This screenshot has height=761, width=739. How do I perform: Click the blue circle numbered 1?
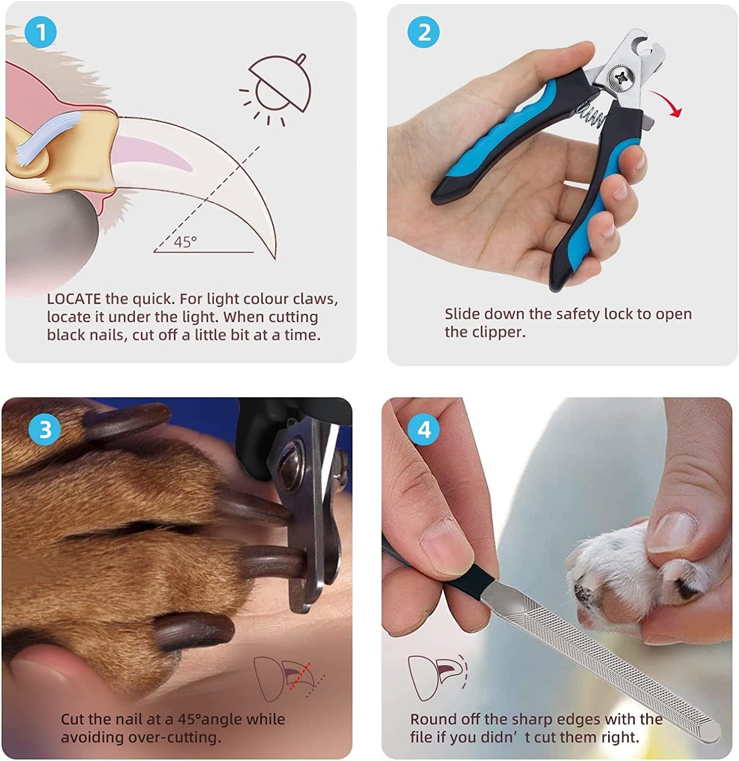(x=41, y=33)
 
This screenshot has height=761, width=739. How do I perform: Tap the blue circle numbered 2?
(x=424, y=33)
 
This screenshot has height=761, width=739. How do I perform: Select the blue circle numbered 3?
(x=46, y=429)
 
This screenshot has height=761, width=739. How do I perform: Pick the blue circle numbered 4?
(x=424, y=430)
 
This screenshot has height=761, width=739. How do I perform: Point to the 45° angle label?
(x=185, y=242)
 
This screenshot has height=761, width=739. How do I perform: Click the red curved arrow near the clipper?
(x=665, y=103)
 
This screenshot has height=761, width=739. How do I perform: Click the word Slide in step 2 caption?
(x=462, y=314)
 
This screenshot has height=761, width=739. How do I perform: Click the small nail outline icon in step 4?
(x=438, y=676)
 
